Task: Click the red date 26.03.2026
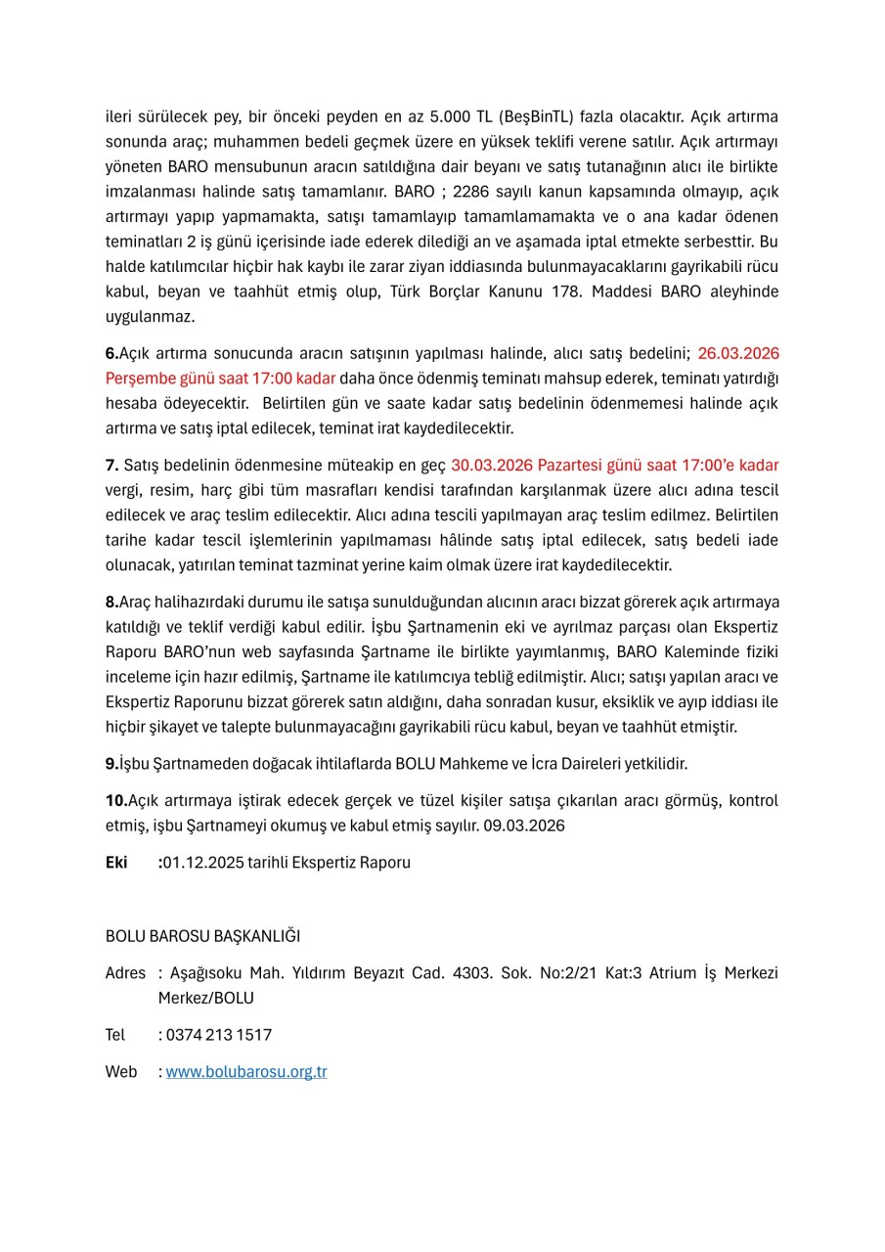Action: [x=738, y=353]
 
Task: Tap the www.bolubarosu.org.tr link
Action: [x=246, y=1072]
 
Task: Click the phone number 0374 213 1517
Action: [x=219, y=1035]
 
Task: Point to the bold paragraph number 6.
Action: [x=111, y=353]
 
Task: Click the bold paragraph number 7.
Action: [x=111, y=465]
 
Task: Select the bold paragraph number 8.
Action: [x=111, y=602]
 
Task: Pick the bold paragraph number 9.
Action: [x=111, y=763]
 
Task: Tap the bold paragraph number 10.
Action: [x=116, y=800]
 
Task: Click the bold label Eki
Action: [x=116, y=863]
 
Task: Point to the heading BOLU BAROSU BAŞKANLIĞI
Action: [x=202, y=936]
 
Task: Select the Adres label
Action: [x=125, y=973]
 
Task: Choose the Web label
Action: [x=121, y=1072]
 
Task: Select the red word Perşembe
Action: [x=137, y=379]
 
